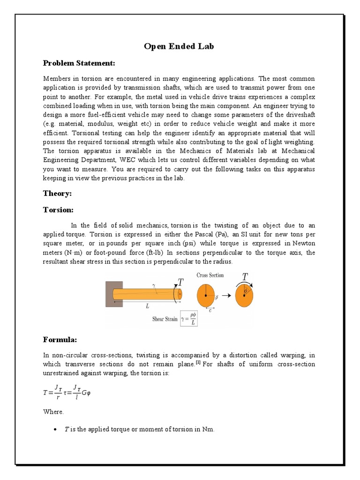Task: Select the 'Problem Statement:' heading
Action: pos(79,63)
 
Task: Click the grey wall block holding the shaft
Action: pos(114,294)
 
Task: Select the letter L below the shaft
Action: pos(147,306)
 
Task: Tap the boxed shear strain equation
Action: pos(192,319)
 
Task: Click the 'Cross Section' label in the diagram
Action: pos(210,275)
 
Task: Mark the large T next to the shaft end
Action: pos(181,282)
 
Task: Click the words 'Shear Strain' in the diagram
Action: pos(165,319)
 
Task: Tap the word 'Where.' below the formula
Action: pos(53,412)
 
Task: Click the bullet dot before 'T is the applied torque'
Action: pos(57,429)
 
